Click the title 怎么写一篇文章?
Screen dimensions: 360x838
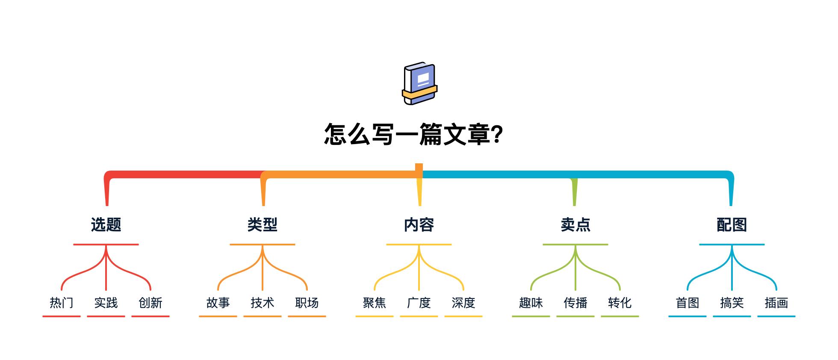tap(413, 134)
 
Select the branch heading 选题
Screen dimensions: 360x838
tap(106, 224)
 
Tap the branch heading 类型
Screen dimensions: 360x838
tap(263, 224)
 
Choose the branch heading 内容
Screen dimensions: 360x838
tap(419, 224)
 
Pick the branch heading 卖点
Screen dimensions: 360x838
tap(575, 224)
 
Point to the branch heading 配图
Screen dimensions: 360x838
tap(732, 224)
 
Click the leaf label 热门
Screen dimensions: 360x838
tap(62, 303)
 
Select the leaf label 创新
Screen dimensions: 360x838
tap(150, 303)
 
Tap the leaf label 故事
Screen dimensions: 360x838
tap(218, 303)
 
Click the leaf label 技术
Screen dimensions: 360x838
tap(263, 303)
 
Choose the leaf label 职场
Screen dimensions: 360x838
tap(307, 303)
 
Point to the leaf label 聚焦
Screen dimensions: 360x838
tap(375, 303)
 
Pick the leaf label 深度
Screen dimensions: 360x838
tap(463, 303)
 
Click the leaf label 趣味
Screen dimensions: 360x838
tap(531, 303)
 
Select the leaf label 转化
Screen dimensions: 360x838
tap(620, 303)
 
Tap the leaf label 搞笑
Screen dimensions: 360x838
tap(732, 303)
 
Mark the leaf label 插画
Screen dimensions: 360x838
tap(776, 303)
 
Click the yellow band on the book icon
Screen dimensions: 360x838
tap(420, 92)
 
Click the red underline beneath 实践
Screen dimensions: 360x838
tap(106, 316)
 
